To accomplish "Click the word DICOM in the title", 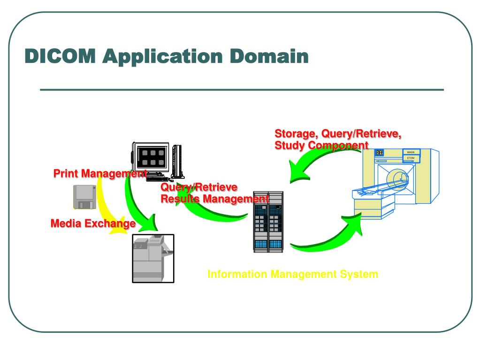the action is tap(60, 56).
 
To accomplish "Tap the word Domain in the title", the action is tap(269, 56).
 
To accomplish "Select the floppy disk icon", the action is tap(85, 197).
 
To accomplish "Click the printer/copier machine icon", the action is tap(153, 259).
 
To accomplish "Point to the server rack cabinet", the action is tap(268, 222).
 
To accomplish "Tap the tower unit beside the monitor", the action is tap(177, 161).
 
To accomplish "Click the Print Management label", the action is tap(100, 174).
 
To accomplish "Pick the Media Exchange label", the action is tap(93, 223).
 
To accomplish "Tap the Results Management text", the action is tap(215, 199).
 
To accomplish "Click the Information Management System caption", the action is tap(293, 274).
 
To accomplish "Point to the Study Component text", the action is tap(321, 146).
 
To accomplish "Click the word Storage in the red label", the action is tap(297, 134).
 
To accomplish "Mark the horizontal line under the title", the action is tap(242, 90).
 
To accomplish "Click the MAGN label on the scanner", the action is tap(411, 152).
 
